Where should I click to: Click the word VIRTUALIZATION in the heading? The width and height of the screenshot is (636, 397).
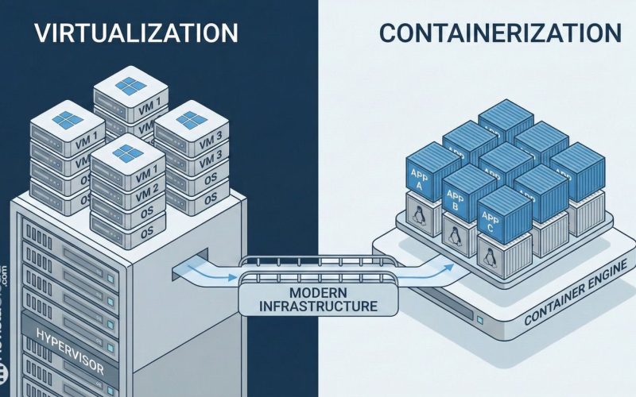pos(136,33)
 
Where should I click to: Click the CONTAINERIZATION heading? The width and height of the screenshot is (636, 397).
pos(500,33)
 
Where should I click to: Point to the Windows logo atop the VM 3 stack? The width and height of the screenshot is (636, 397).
pos(188,119)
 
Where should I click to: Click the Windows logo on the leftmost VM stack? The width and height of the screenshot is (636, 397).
pos(68,120)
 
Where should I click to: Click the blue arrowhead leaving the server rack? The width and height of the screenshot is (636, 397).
pos(230,278)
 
